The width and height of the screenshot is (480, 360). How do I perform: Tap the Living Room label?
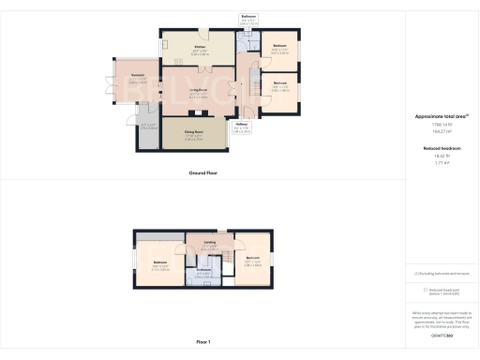tap(197, 89)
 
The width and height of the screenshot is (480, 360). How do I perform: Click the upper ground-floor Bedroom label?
tap(279, 46)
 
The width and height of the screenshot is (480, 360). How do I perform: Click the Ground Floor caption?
tap(203, 173)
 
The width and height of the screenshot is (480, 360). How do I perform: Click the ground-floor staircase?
tap(250, 90)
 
